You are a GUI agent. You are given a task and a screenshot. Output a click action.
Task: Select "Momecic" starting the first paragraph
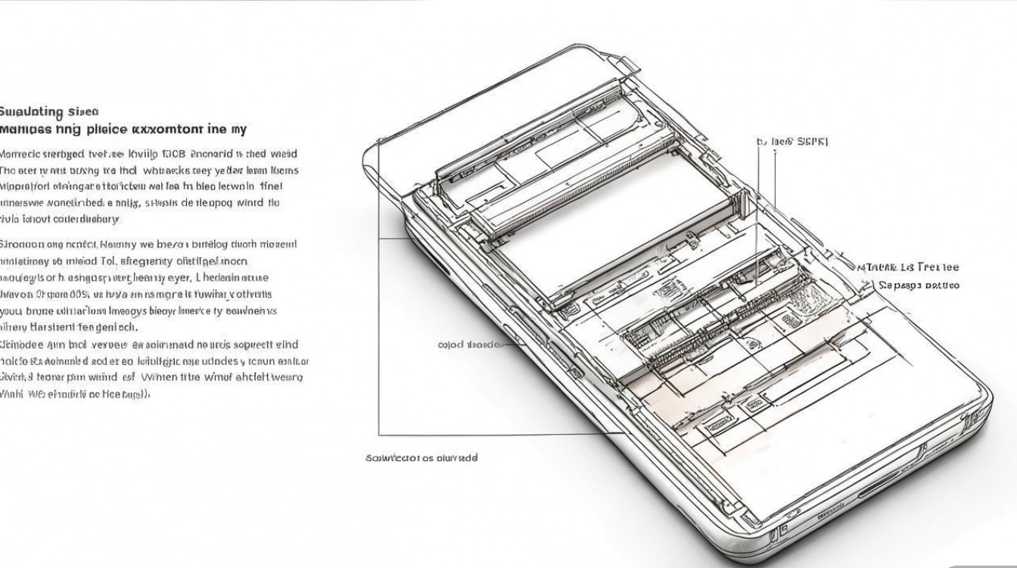pyautogui.click(x=23, y=153)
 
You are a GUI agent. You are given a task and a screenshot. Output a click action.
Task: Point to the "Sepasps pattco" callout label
pyautogui.click(x=919, y=286)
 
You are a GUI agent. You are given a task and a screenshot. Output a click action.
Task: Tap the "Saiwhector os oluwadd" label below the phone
pyautogui.click(x=421, y=457)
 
